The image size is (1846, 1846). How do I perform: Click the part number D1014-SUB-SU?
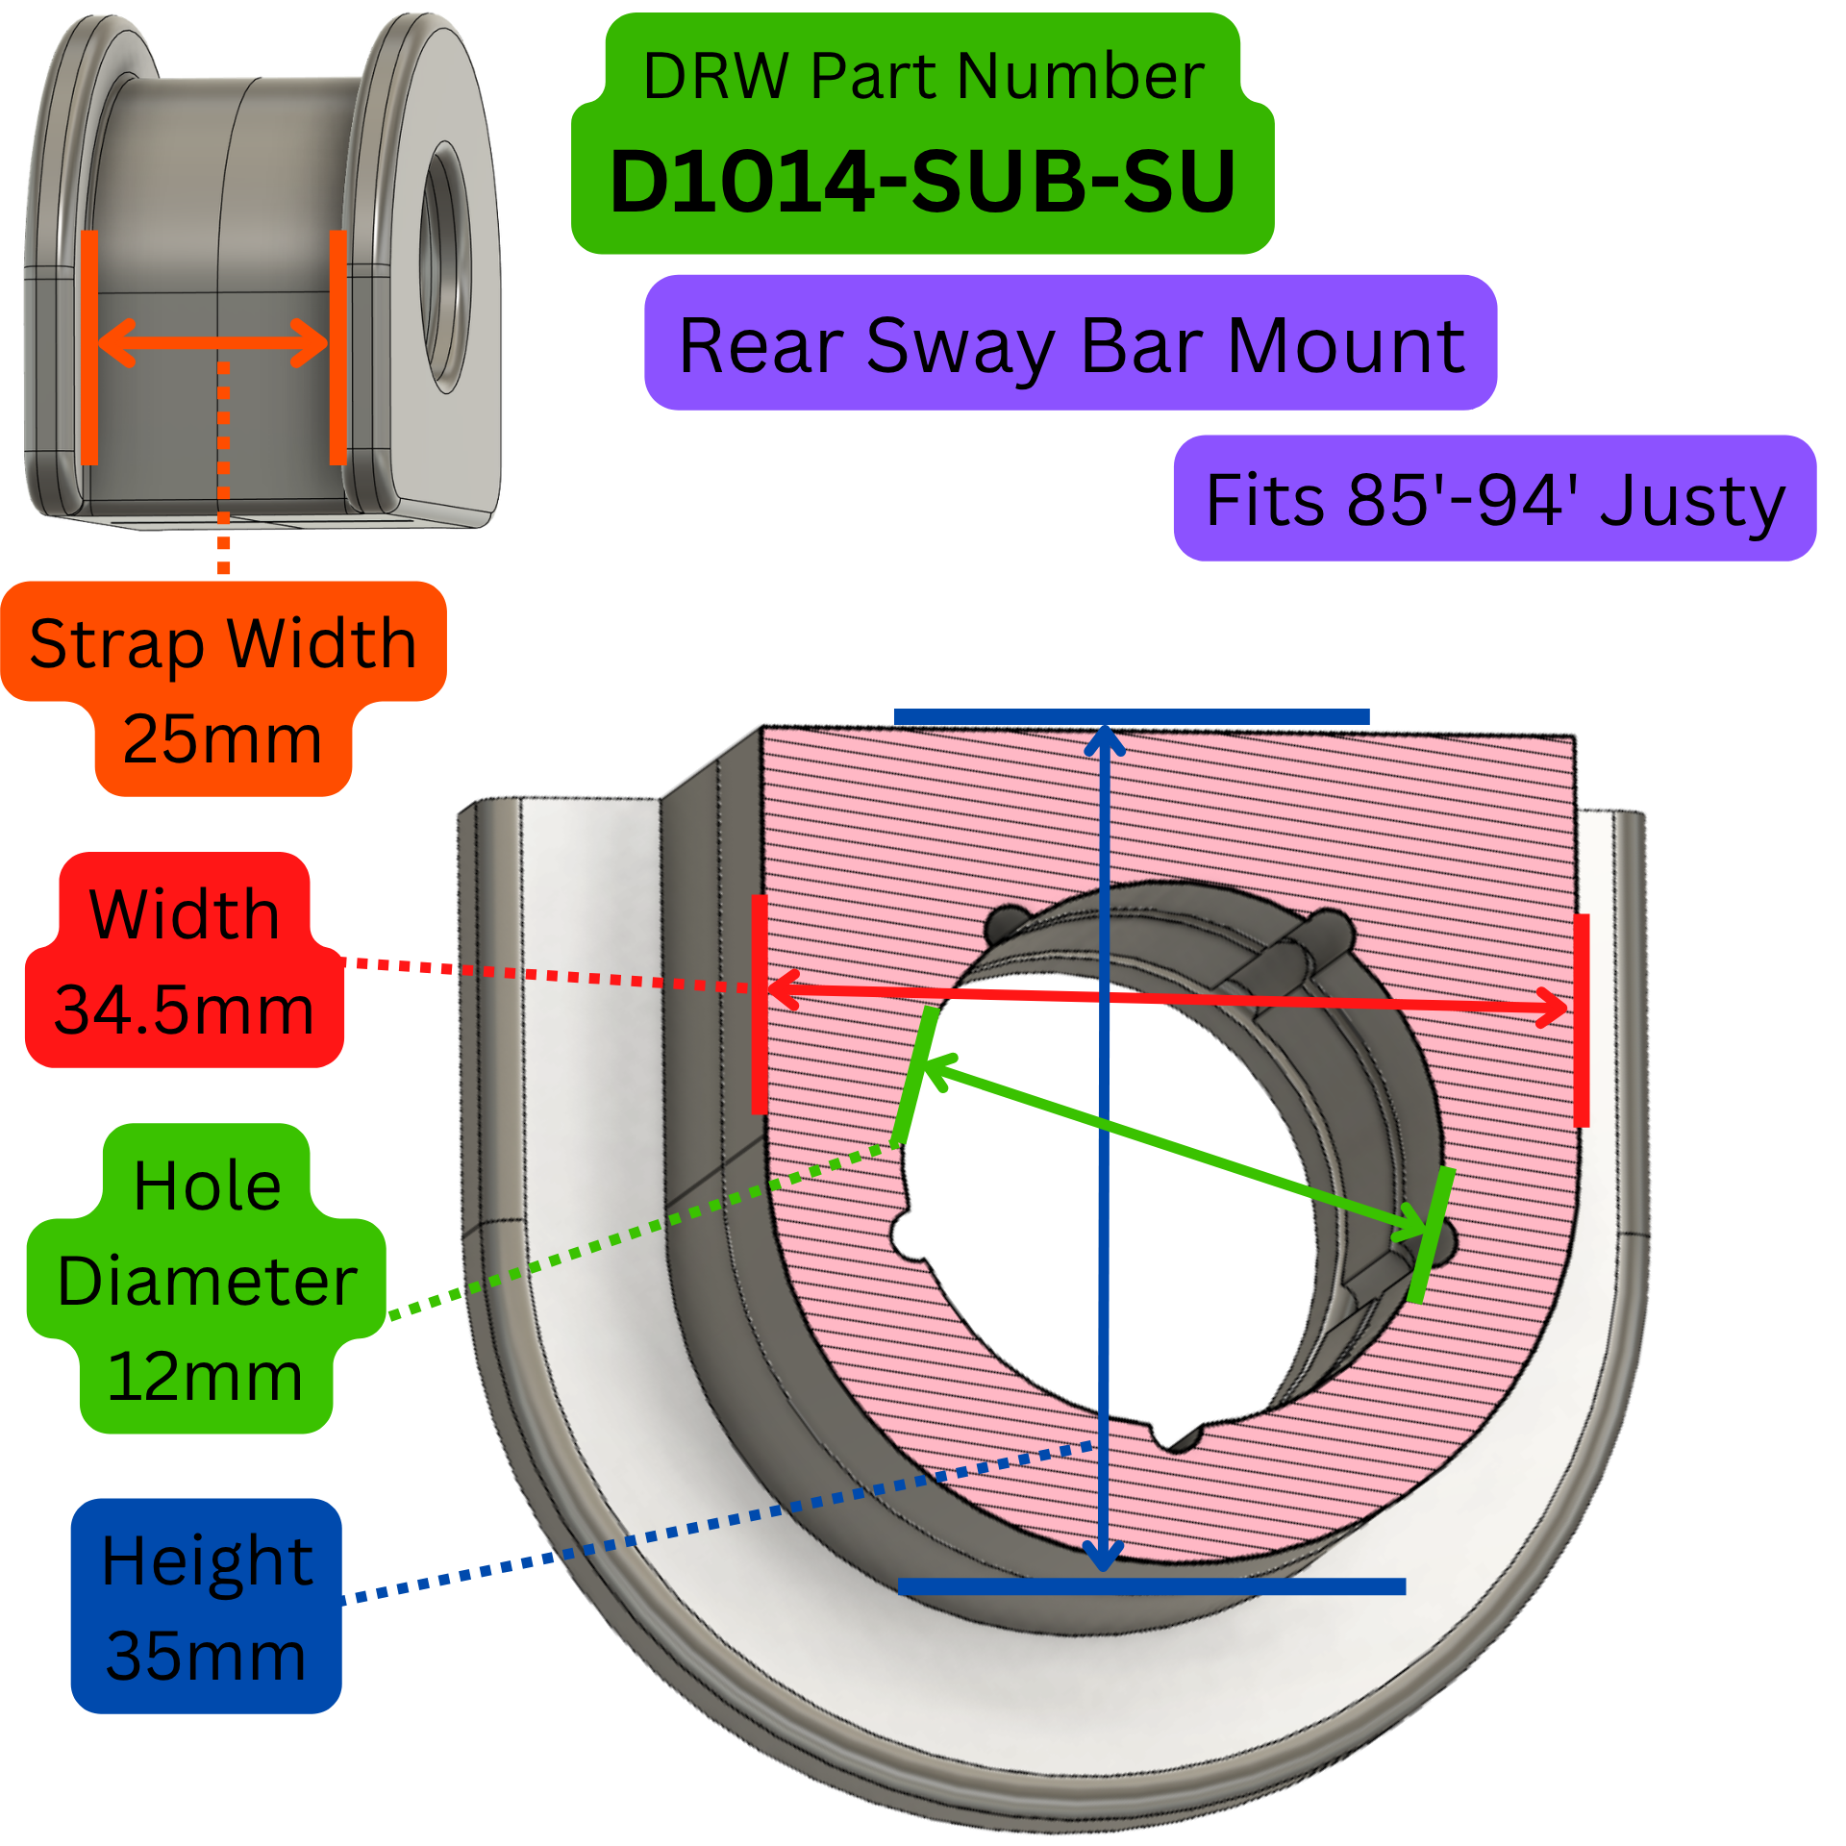[923, 181]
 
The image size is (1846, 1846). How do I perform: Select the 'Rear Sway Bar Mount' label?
[1071, 346]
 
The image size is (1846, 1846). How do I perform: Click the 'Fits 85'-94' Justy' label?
[1495, 499]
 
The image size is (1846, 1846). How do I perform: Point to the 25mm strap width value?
[222, 738]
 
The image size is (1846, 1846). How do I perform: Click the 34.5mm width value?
[184, 1010]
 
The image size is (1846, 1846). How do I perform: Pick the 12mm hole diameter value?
[205, 1376]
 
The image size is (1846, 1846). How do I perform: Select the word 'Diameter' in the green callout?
[208, 1281]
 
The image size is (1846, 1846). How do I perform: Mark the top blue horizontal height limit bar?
[1132, 716]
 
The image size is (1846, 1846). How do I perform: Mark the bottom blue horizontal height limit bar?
[1152, 1586]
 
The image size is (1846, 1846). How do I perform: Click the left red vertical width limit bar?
[760, 1004]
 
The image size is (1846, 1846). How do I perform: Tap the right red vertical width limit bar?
[1582, 1020]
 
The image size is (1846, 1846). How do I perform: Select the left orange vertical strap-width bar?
[89, 347]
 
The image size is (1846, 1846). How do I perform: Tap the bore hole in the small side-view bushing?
[444, 266]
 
